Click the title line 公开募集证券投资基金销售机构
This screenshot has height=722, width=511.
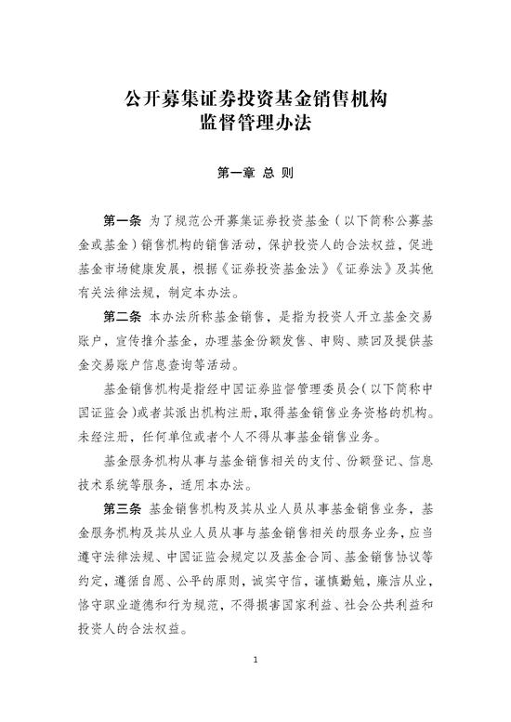(255, 98)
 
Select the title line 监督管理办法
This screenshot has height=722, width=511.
(255, 123)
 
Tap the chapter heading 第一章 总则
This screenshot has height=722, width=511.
(255, 174)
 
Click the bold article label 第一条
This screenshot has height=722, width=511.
(122, 222)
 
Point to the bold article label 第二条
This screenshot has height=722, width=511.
(122, 316)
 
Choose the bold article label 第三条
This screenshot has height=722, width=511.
(122, 508)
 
